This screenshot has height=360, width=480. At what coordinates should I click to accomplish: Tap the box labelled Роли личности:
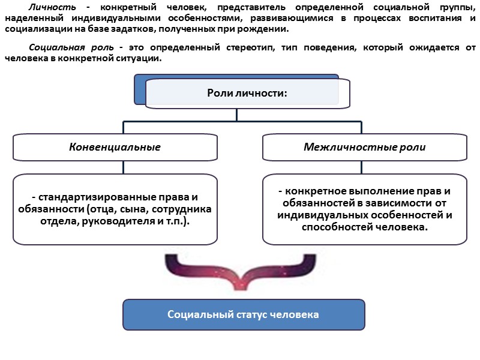247,93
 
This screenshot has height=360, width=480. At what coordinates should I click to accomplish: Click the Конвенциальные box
115,147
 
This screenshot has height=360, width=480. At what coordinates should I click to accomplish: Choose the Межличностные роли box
364,147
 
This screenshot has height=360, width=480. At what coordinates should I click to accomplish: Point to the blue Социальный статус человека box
243,314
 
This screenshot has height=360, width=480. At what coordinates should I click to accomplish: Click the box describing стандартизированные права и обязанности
115,209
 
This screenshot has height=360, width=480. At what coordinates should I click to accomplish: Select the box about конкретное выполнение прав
364,209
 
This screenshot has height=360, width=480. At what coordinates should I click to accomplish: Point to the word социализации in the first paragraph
33,29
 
